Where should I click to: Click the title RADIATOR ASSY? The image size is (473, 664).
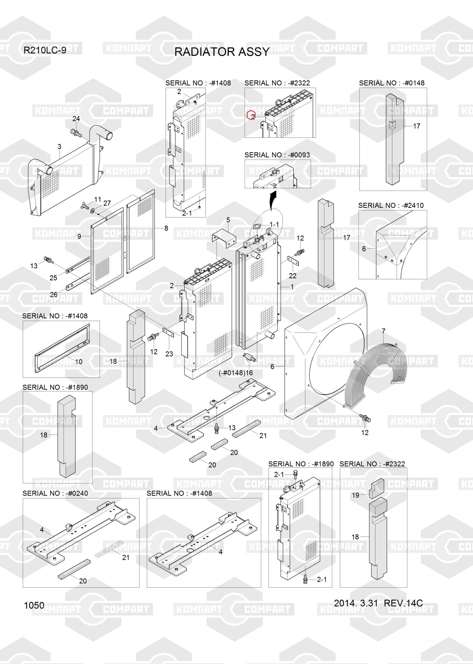point(222,52)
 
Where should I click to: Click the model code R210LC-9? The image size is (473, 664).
point(45,50)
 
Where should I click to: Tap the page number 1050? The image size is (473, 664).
point(34,606)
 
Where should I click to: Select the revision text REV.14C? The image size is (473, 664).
point(403,603)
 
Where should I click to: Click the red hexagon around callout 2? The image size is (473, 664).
point(251,116)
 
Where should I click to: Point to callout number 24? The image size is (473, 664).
point(76,119)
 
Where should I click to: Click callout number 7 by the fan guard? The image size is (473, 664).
point(383,331)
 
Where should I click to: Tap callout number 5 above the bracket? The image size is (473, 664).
point(228,220)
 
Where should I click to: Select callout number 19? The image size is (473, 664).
point(355,495)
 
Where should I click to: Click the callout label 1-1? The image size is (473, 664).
point(275,225)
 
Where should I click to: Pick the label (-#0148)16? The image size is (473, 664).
point(236,373)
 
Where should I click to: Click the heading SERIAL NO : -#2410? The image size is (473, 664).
point(391,206)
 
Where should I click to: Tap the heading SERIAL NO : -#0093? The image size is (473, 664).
point(277,155)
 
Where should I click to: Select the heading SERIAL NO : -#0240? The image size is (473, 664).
point(55,493)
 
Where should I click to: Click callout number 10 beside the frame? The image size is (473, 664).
point(79,362)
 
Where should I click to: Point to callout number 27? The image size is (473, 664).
point(107,203)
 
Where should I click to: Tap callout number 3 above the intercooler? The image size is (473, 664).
point(59,146)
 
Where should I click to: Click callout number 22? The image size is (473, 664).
point(292,276)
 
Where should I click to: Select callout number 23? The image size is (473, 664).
point(169,354)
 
